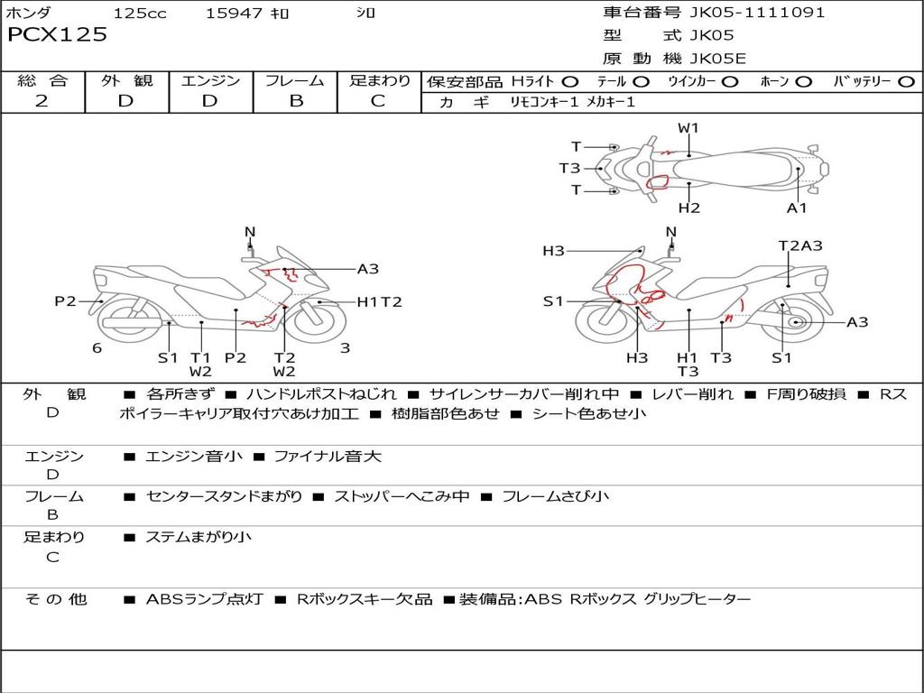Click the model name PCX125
coord(57,35)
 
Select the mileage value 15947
coord(234,14)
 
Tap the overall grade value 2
coord(42,101)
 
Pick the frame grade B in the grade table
coord(296,101)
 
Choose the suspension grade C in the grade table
coord(378,101)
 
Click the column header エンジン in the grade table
coord(210,80)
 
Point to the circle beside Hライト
coord(570,82)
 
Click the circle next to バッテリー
coord(906,82)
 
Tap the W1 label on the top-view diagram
coord(688,128)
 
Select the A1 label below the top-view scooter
coord(797,208)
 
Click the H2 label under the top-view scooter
coord(689,208)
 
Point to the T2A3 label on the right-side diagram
coord(800,245)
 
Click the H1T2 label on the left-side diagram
coord(379,302)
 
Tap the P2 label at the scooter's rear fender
coord(65,301)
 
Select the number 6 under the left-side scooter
coord(97,348)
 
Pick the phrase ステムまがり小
coord(199,538)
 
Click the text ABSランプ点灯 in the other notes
coord(204,599)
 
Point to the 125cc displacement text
coord(140,14)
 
